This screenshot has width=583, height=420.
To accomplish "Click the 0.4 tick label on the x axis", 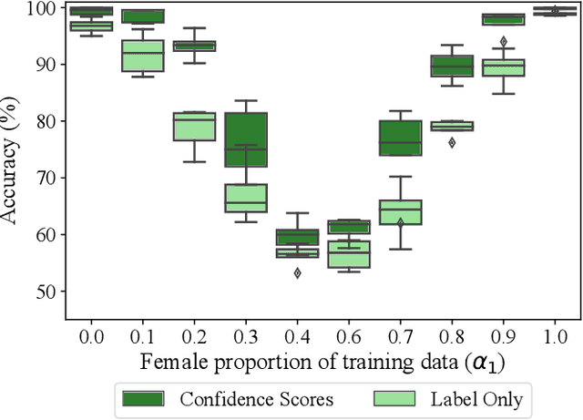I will [x=297, y=335].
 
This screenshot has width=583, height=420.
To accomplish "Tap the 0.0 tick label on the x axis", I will [x=90, y=335].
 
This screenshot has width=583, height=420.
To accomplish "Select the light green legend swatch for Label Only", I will [x=392, y=398].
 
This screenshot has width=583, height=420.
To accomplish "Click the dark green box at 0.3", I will [x=246, y=139].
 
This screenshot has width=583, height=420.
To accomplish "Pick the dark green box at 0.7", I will [x=400, y=137].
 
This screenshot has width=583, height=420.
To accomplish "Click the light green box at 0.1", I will [x=142, y=56].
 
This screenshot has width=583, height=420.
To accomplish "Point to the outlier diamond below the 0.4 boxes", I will [x=297, y=272].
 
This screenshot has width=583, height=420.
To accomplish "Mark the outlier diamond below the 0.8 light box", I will [x=452, y=142].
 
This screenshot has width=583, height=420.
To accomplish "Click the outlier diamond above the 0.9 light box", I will [x=503, y=42].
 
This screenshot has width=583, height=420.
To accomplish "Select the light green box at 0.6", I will [x=349, y=254].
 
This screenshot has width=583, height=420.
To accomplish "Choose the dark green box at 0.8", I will [x=452, y=66].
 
